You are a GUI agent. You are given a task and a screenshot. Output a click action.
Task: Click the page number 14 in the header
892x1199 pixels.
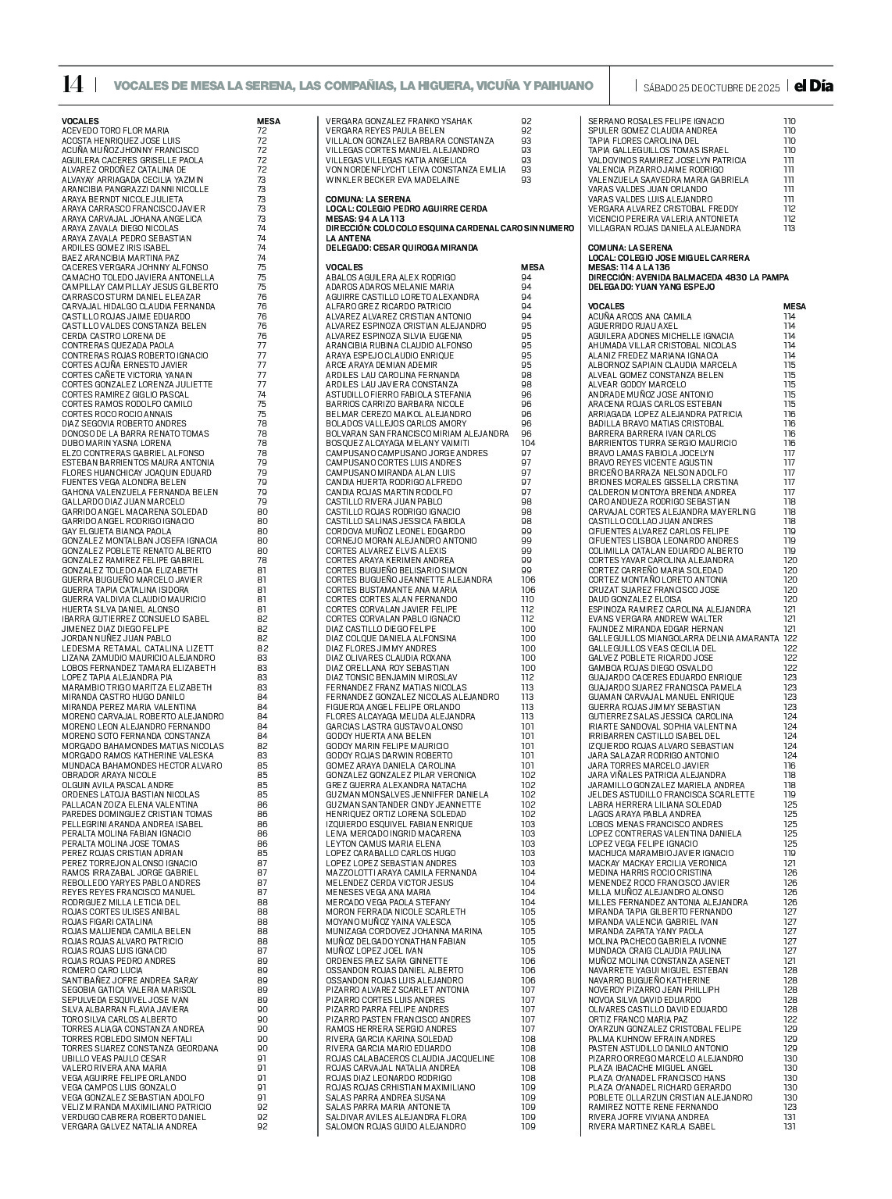point(73,85)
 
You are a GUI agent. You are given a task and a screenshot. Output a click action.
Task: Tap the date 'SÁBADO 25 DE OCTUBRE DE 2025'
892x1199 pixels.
point(711,87)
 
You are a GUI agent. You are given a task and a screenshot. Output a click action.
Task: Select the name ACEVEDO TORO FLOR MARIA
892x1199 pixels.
point(116,130)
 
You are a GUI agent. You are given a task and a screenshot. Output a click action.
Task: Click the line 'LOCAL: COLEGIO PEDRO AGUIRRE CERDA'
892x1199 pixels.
point(406,209)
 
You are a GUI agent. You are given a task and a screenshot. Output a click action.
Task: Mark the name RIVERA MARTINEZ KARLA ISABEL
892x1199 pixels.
point(651,1126)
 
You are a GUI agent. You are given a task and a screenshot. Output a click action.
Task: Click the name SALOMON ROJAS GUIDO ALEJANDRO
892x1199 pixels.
point(395,1126)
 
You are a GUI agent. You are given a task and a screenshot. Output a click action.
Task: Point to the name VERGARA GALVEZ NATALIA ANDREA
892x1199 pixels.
point(130,1126)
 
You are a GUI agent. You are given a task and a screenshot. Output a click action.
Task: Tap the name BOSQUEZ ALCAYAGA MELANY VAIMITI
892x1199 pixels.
point(398,443)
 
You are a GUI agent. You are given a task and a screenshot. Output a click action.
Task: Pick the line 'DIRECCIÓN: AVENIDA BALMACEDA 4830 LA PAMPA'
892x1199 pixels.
point(688,277)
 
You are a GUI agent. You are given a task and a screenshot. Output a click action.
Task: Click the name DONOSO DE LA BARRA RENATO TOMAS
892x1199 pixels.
point(135,434)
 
